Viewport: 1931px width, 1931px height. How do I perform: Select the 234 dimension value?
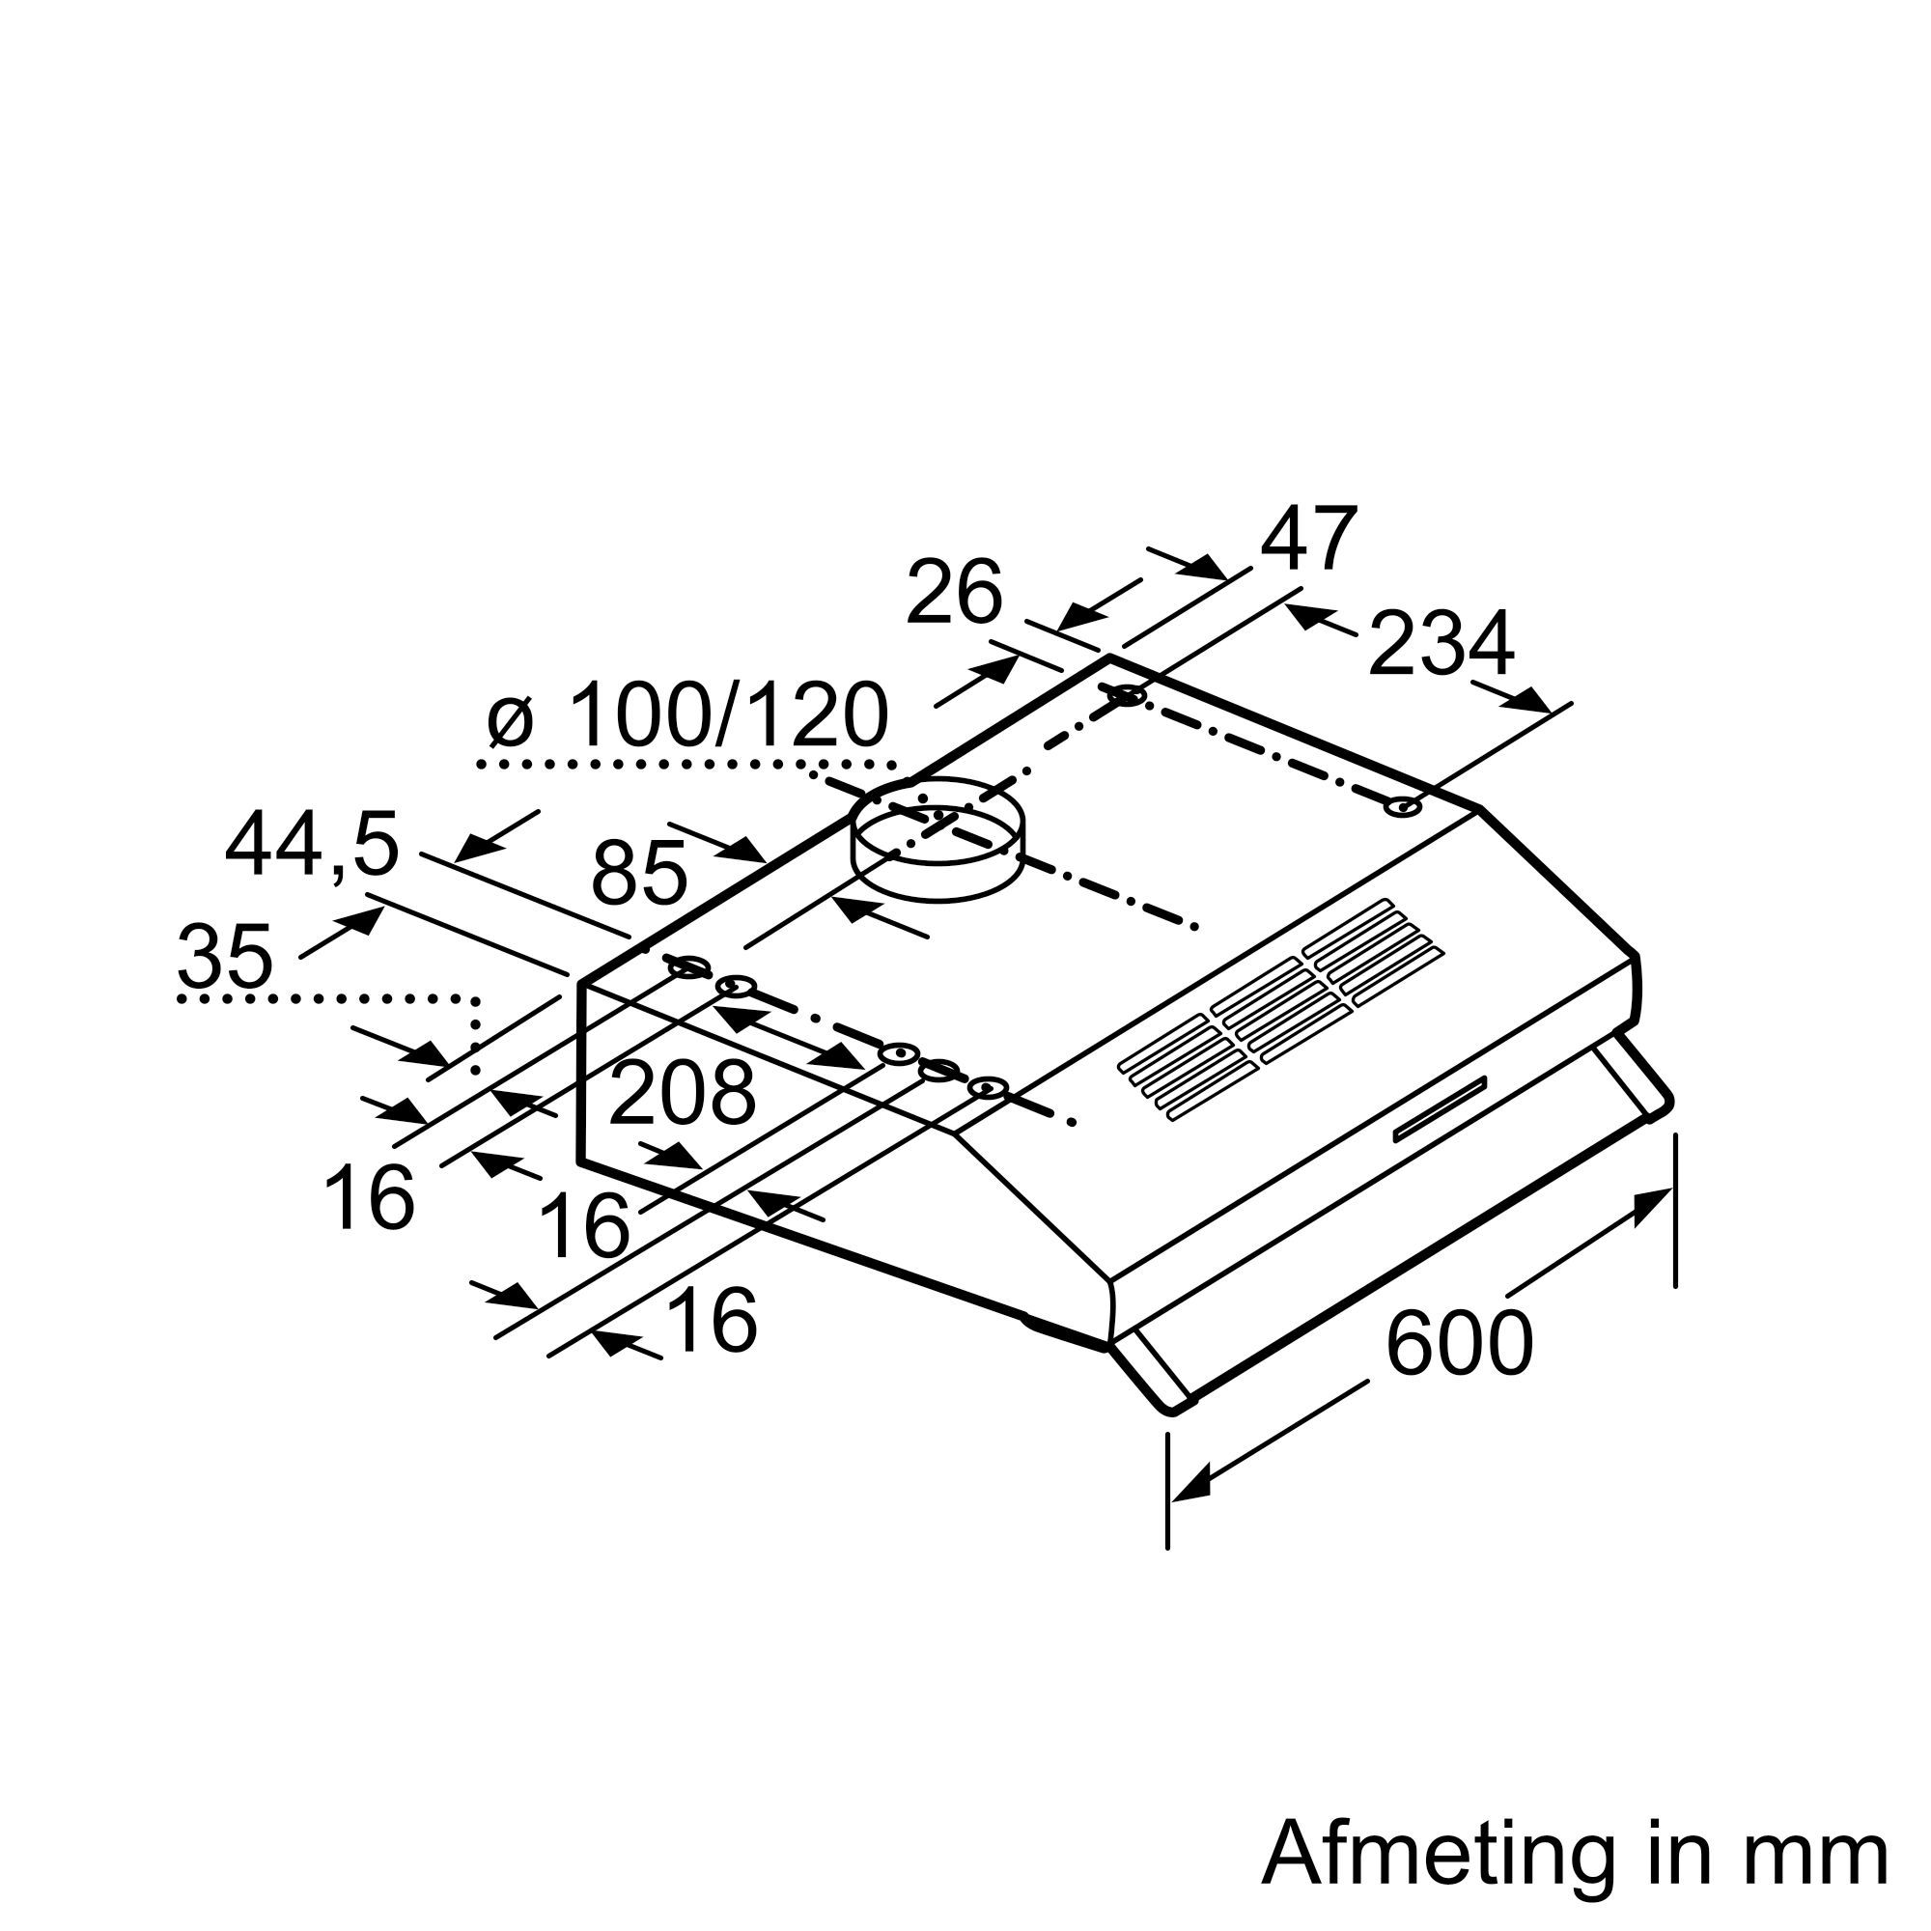coord(1441,645)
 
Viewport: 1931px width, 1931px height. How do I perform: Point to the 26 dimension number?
coord(954,593)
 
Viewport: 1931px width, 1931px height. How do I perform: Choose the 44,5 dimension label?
coord(312,846)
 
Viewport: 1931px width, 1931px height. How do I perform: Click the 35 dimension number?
coord(225,956)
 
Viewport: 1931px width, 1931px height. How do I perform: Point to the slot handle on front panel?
coord(1440,1108)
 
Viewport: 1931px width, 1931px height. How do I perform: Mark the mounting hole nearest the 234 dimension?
coord(1405,806)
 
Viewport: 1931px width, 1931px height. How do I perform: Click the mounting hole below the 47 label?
coord(1128,694)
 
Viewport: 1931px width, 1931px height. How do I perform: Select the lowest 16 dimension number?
coord(711,1322)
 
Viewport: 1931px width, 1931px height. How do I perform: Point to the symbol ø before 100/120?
coord(510,719)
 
